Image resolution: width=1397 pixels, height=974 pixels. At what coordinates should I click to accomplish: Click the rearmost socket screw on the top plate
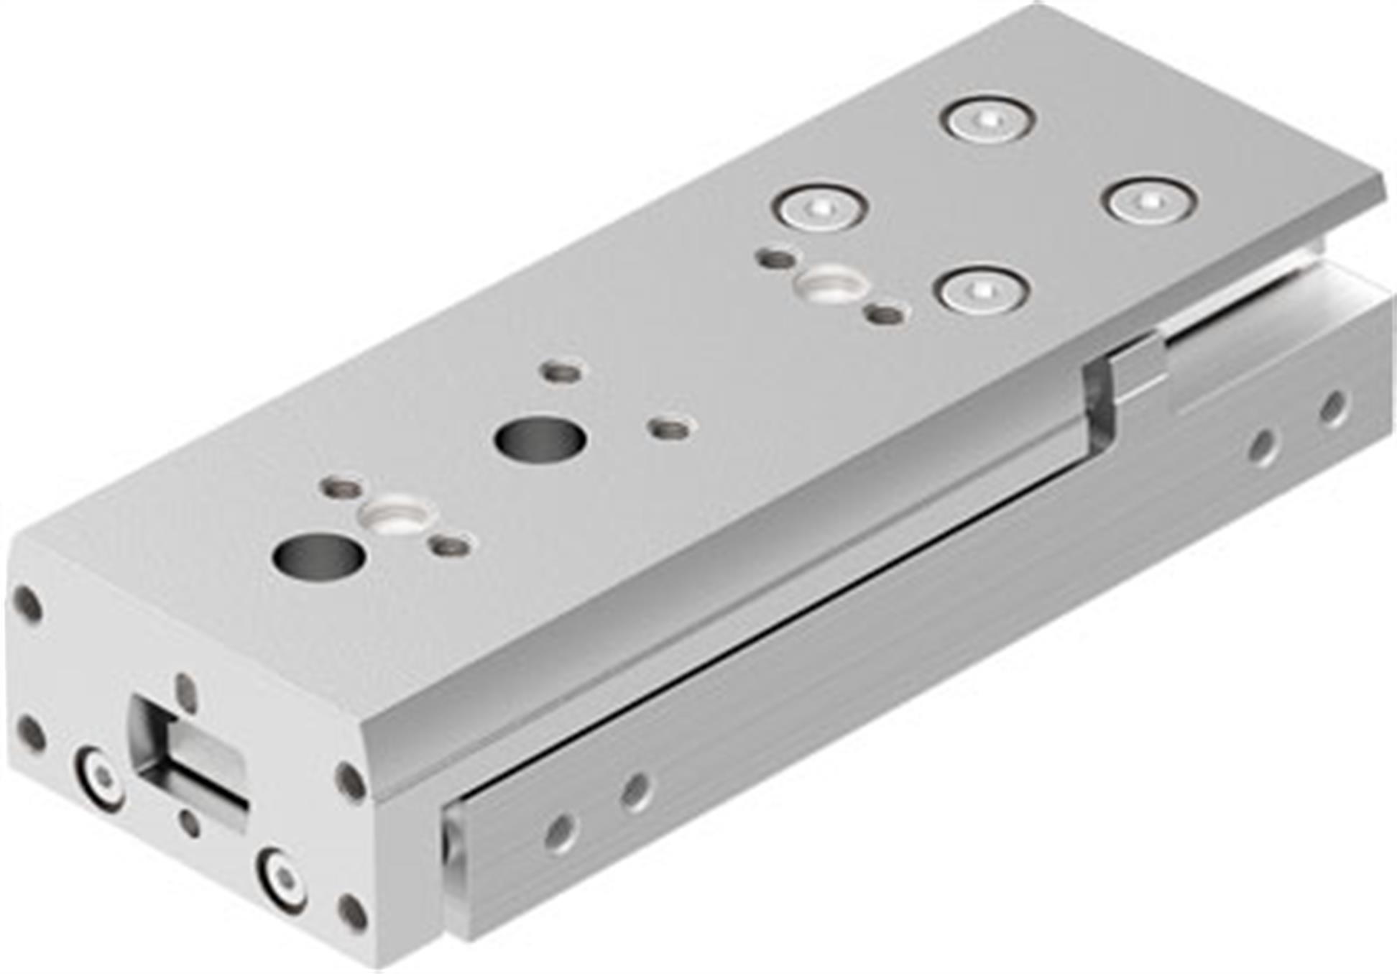(990, 119)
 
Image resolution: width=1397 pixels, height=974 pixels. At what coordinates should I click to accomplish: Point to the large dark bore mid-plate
(539, 438)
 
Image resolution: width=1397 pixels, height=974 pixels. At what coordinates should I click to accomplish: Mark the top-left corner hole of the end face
(27, 604)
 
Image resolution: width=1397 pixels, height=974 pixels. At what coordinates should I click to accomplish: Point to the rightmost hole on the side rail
(1334, 408)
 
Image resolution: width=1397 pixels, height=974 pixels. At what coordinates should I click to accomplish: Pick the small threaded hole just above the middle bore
(563, 372)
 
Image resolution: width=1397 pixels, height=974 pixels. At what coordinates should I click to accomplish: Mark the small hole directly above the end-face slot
(186, 691)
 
